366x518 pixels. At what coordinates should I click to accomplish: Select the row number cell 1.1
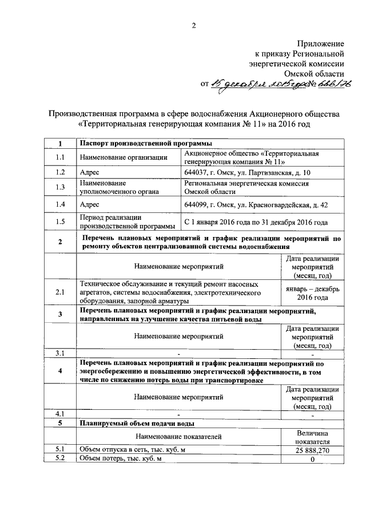coord(60,157)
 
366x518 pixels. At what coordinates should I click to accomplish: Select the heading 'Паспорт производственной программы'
coord(146,143)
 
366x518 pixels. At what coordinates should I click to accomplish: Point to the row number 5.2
coord(60,460)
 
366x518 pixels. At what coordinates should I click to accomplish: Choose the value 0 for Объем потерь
coord(313,460)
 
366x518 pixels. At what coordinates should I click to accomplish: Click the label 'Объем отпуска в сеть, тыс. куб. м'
coord(133,450)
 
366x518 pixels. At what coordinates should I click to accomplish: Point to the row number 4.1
coord(60,414)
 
